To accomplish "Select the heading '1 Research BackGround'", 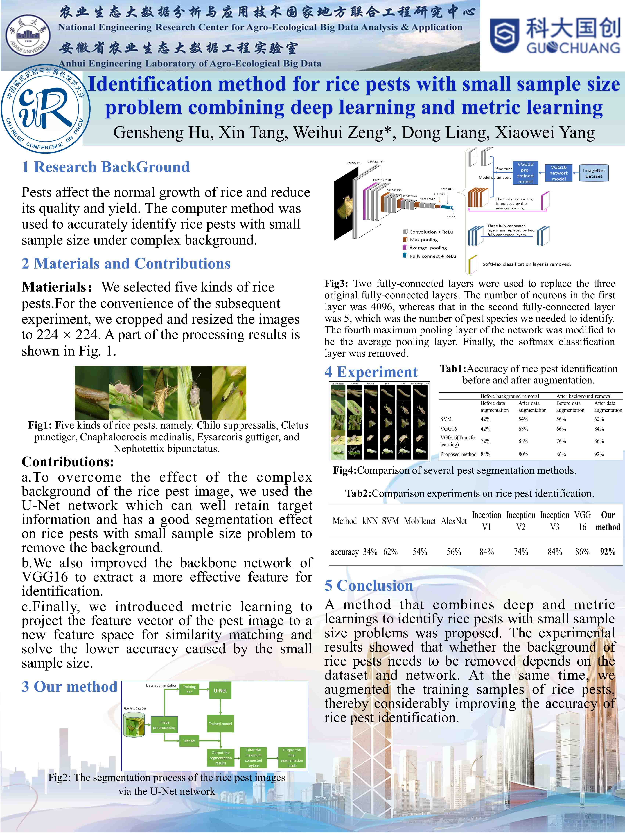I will [x=105, y=167].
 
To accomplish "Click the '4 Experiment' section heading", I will [x=371, y=372].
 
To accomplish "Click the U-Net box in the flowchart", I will [x=220, y=691].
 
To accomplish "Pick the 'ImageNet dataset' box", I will [x=594, y=173].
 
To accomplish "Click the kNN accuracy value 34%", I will [x=370, y=552].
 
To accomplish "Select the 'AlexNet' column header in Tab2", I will [x=454, y=521].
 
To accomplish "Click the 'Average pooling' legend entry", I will [x=428, y=248].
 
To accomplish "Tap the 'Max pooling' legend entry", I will [x=423, y=239].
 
